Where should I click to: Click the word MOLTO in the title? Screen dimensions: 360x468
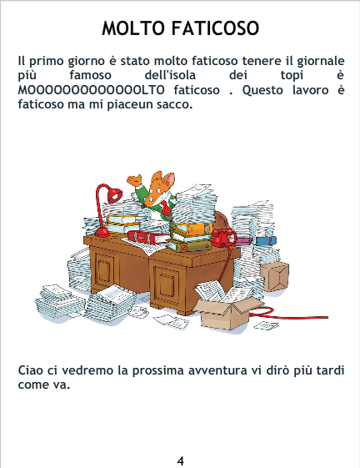133,28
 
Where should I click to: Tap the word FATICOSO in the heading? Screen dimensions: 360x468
215,28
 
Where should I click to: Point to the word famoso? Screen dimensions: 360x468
90,74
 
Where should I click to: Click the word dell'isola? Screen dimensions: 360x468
170,74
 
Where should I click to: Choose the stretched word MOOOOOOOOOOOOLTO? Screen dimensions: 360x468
92,90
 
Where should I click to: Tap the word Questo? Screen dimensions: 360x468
262,90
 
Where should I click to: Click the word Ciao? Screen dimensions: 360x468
31,370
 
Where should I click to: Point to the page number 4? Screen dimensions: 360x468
180,460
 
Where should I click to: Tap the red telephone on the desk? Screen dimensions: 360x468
222,237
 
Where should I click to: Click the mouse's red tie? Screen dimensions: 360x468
164,207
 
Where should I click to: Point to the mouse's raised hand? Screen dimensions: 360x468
134,180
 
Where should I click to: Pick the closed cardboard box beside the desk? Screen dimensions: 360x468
274,276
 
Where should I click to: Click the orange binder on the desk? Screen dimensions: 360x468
192,229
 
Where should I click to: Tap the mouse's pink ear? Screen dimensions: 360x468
169,179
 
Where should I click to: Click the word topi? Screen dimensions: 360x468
292,75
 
